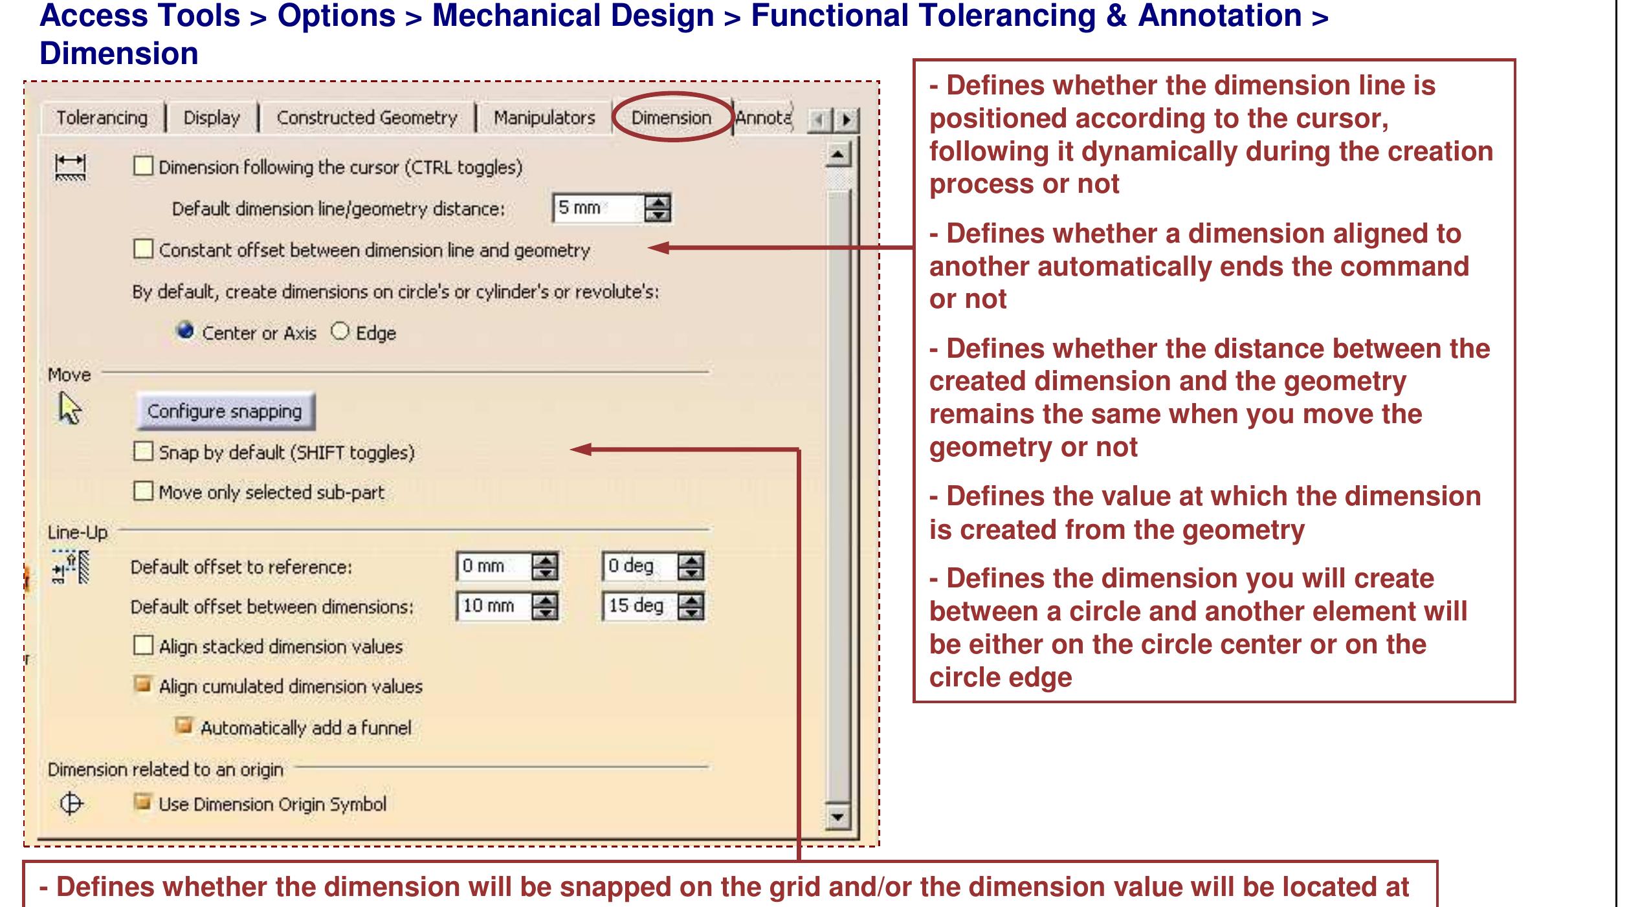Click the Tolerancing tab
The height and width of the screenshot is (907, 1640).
coord(102,118)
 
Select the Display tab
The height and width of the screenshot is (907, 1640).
coord(212,118)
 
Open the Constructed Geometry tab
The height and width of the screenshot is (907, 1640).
coord(367,118)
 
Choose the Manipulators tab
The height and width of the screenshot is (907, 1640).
coord(544,118)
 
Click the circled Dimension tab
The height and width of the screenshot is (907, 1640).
coord(671,118)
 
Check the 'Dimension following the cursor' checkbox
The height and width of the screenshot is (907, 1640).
coord(143,166)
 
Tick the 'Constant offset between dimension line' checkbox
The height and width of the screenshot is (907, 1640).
coord(143,249)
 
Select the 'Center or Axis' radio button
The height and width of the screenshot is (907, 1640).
coord(186,331)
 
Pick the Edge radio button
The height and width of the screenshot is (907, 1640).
coord(340,332)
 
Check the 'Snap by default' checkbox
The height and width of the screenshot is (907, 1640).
coord(143,451)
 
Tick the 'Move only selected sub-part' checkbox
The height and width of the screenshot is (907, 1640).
coord(143,491)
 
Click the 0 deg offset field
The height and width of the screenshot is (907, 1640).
coord(638,567)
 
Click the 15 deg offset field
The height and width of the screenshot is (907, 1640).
coord(638,606)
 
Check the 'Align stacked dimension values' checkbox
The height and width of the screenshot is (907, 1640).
coord(143,646)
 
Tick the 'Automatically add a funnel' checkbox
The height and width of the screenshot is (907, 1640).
coord(184,726)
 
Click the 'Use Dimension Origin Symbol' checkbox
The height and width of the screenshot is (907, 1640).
coord(142,803)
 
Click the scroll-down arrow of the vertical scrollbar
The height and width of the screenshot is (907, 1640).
coord(837,816)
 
